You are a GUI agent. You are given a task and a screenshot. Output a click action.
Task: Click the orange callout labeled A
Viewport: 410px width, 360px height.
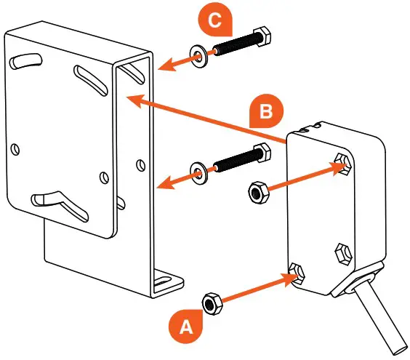coord(186,326)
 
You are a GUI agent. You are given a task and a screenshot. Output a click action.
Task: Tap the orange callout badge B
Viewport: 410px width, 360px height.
coord(266,111)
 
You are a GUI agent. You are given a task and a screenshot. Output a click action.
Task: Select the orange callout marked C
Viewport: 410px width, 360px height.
coord(215,20)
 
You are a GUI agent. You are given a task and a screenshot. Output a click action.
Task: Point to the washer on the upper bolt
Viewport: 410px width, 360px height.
coord(198,56)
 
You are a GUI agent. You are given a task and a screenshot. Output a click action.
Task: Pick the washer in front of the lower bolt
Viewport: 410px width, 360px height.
coord(198,173)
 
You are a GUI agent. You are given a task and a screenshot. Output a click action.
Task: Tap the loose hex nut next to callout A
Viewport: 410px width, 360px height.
coord(212,303)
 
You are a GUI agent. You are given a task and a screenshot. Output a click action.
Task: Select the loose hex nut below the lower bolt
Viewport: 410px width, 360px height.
coord(257,193)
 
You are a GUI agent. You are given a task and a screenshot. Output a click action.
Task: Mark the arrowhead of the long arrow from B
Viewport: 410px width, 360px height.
coord(135,101)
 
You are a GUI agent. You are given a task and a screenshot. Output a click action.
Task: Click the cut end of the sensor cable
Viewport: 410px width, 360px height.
coord(400,349)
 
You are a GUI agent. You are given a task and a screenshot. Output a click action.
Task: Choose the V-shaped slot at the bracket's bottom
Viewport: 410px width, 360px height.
coord(59,204)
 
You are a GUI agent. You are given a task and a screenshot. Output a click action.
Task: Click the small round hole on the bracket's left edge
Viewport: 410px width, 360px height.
coord(15,149)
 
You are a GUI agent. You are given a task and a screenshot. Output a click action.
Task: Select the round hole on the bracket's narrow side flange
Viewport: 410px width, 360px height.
coord(141,165)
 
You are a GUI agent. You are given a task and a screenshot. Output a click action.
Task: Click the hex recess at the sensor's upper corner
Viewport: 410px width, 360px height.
coord(342,164)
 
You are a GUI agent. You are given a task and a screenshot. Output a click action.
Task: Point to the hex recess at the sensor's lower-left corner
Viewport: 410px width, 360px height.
coord(297,273)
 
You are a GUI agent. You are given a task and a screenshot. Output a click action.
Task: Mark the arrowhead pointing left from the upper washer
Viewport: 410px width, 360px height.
coord(166,65)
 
